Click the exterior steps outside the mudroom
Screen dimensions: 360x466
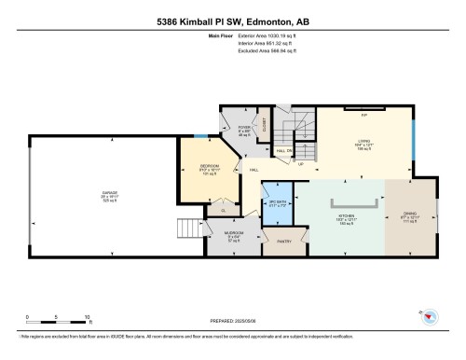pyautogui.click(x=190, y=229)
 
